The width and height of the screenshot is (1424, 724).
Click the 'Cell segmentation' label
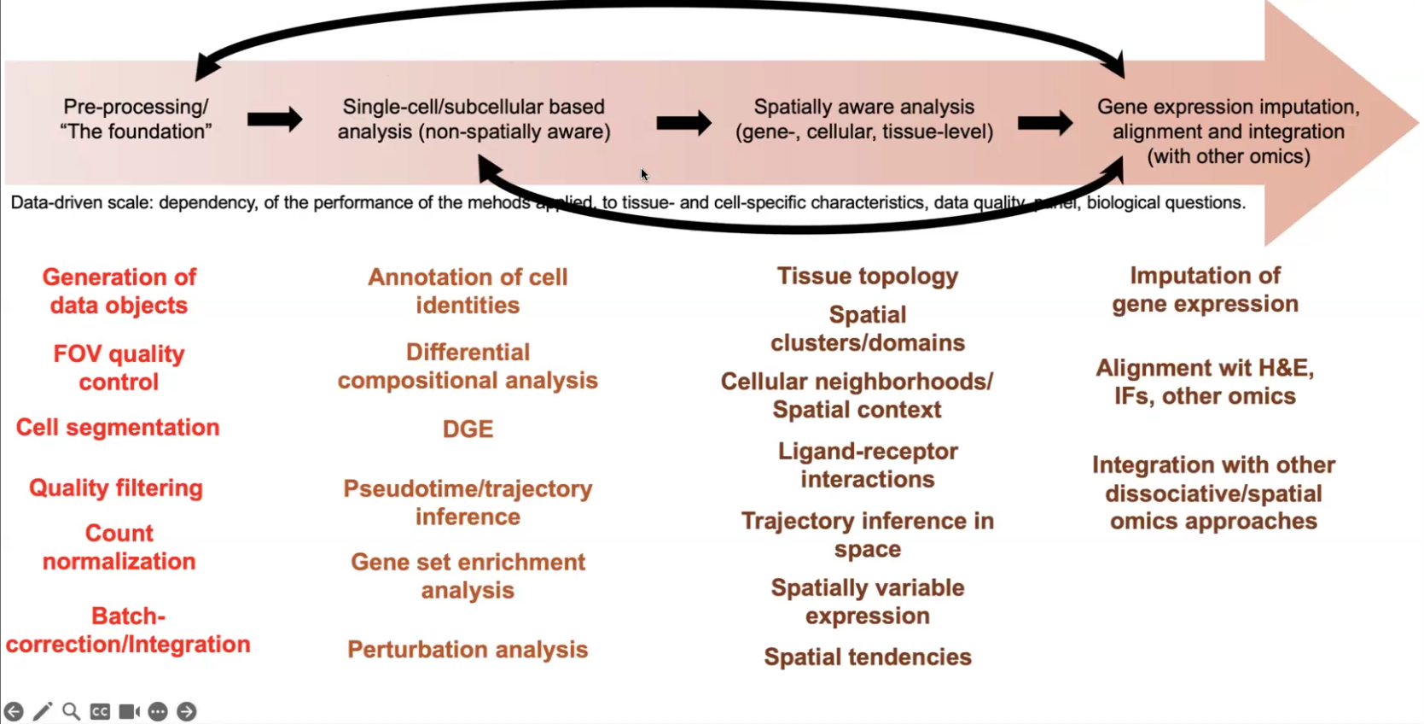(x=118, y=428)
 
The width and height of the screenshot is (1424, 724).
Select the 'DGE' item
(x=468, y=429)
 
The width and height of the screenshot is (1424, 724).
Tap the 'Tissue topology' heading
(x=867, y=276)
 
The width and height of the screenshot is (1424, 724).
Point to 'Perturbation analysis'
(x=468, y=650)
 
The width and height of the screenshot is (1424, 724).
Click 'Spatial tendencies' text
(x=867, y=657)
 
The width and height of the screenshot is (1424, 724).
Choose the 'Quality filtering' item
(x=116, y=488)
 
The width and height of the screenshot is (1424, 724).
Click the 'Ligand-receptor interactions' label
(x=867, y=465)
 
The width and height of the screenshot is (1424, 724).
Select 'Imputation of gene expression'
(x=1205, y=289)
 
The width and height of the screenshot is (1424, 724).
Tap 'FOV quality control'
(x=119, y=368)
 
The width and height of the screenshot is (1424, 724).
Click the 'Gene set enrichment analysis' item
(x=468, y=576)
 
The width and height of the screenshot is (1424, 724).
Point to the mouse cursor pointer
(x=644, y=174)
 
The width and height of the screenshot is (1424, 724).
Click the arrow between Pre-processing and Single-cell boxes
(x=274, y=119)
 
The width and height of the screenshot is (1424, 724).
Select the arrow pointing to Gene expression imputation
(x=1044, y=123)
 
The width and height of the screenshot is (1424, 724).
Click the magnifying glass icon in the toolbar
(x=72, y=711)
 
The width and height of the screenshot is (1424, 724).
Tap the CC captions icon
(x=100, y=711)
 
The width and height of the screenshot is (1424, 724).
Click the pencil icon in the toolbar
(x=43, y=711)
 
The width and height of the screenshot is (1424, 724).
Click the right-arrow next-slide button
(x=186, y=711)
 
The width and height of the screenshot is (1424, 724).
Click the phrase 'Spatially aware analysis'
(x=863, y=107)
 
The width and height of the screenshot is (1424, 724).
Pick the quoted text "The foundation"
(x=136, y=131)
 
